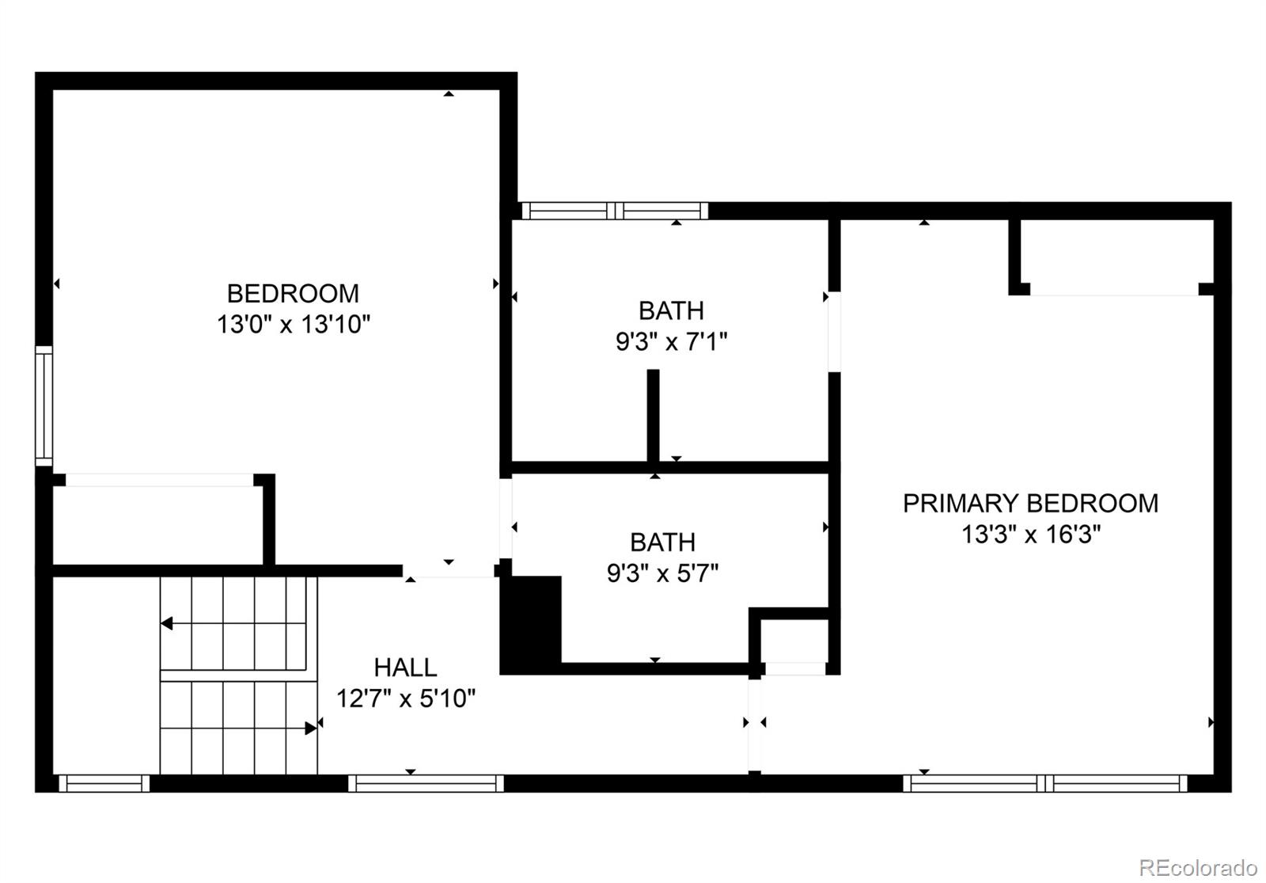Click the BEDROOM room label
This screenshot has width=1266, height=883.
(293, 294)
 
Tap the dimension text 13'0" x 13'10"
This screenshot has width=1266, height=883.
(294, 325)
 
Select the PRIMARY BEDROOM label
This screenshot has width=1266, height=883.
(1030, 504)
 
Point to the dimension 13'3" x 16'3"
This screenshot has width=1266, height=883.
(1030, 535)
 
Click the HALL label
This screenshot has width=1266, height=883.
(405, 668)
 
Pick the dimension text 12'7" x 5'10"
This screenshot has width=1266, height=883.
(405, 699)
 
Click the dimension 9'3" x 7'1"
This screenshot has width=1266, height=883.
(671, 342)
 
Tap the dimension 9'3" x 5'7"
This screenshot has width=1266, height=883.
(662, 573)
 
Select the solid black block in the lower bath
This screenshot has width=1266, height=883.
(532, 624)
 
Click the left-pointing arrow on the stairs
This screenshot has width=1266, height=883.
(167, 624)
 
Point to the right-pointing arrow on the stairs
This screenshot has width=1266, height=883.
(310, 728)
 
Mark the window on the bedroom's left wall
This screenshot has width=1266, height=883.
(44, 405)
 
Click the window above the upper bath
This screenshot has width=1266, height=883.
(615, 211)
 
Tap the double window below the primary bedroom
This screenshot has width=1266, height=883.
(1045, 783)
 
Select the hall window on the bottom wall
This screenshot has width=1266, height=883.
(426, 783)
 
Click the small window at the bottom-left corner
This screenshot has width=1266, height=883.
(104, 783)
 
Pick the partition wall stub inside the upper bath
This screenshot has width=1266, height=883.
(653, 416)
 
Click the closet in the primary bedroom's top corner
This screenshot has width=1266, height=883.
(1116, 255)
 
